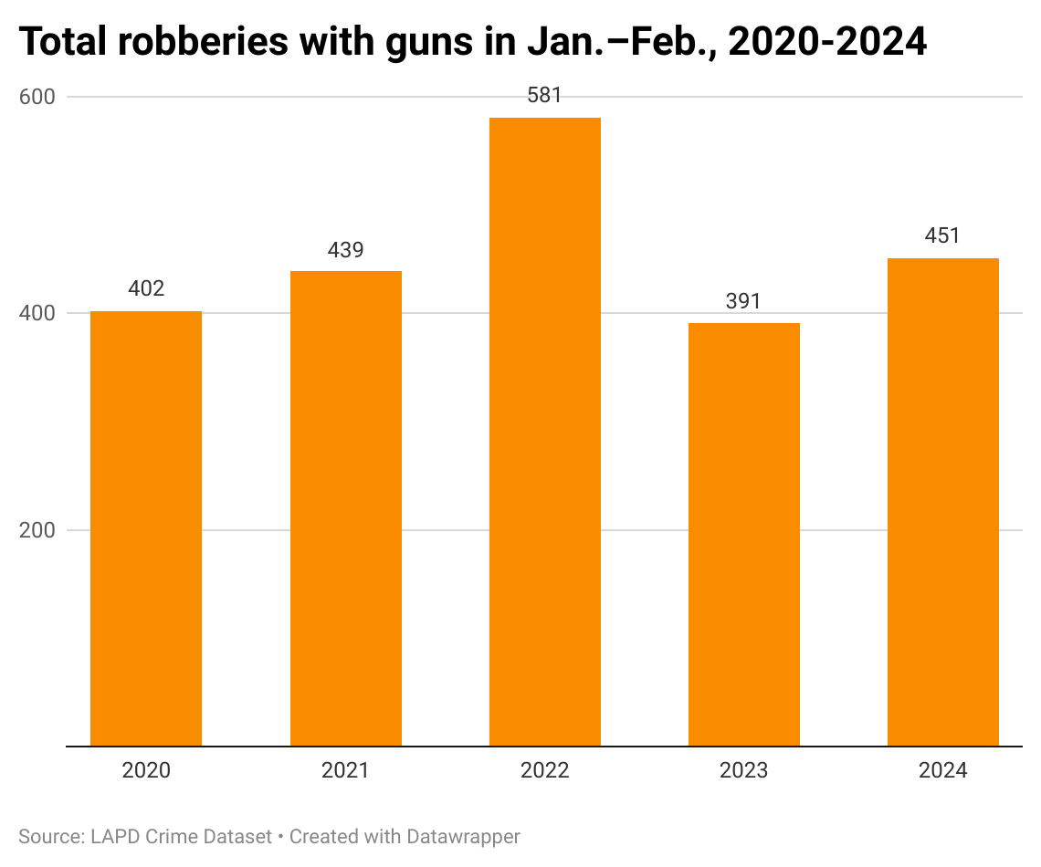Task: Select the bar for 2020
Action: point(146,528)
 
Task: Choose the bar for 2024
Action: point(942,502)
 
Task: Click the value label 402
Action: point(146,289)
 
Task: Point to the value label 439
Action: point(345,250)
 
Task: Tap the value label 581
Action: point(544,96)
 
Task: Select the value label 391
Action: point(743,301)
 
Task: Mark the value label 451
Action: point(942,236)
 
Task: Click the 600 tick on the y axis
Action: point(37,97)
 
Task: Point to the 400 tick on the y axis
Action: point(37,313)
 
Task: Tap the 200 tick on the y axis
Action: point(37,530)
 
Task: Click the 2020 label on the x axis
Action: point(146,771)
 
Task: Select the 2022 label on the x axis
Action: point(544,771)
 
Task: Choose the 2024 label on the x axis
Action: point(942,771)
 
